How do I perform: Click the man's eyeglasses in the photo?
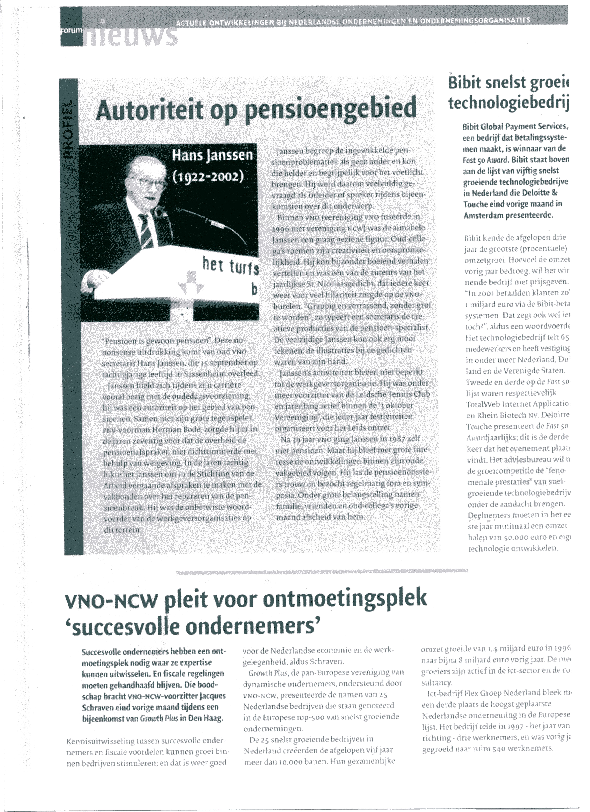click(x=152, y=184)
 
